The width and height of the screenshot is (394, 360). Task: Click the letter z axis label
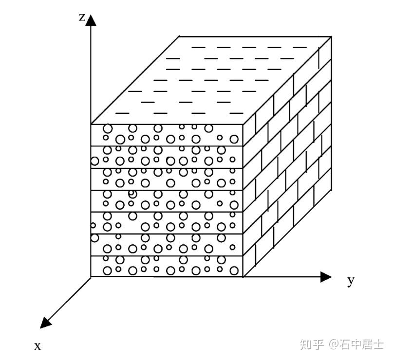82,18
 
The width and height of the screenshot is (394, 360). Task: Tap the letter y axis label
350,281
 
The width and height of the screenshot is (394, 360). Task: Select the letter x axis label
38,346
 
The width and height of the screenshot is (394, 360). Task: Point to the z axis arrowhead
91,19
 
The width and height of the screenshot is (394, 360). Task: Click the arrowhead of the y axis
326,277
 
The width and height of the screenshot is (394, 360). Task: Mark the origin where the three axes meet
91,277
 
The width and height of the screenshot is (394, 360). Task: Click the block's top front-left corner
91,124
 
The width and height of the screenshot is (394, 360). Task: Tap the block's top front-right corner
243,124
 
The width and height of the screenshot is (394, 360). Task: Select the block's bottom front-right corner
243,277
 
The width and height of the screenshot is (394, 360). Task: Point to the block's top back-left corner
179,36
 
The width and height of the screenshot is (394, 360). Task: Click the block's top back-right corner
332,36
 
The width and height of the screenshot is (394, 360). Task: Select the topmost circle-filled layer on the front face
167,134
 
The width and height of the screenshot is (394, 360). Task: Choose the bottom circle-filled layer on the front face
167,266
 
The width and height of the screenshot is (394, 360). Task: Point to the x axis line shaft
68,299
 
